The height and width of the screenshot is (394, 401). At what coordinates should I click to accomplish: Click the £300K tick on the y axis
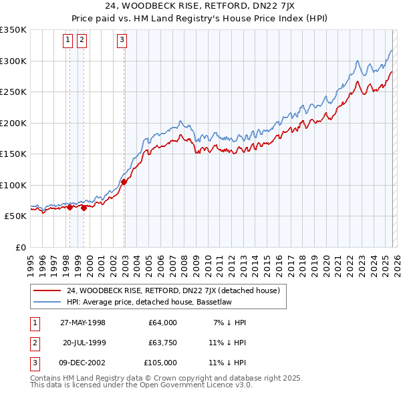(x=13, y=61)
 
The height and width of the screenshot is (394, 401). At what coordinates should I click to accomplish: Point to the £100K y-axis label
(x=13, y=185)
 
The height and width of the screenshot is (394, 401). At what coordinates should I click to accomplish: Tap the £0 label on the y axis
(x=20, y=247)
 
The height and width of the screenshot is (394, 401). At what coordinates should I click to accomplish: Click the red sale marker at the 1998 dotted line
(x=70, y=208)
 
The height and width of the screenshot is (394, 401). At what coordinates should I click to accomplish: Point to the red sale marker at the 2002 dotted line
(x=124, y=182)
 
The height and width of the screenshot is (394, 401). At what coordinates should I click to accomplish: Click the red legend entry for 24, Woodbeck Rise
(x=177, y=290)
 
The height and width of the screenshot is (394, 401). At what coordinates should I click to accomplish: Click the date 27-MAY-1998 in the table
(x=82, y=323)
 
